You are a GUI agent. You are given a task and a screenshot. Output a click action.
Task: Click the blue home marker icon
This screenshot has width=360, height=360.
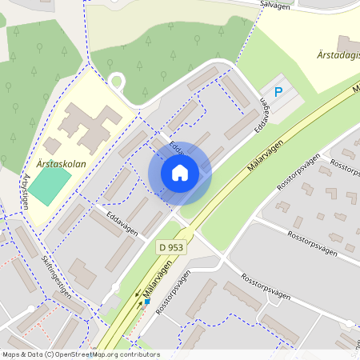180,173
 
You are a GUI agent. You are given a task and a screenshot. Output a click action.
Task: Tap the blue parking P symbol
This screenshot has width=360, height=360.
278,92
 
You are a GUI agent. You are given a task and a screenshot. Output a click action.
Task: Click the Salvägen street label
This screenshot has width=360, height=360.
274,4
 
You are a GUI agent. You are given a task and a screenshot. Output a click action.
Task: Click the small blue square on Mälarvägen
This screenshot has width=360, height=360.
147,302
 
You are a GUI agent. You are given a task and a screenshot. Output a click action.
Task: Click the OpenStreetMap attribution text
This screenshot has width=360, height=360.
80,354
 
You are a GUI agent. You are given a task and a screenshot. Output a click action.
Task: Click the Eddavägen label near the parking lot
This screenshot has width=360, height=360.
261,117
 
